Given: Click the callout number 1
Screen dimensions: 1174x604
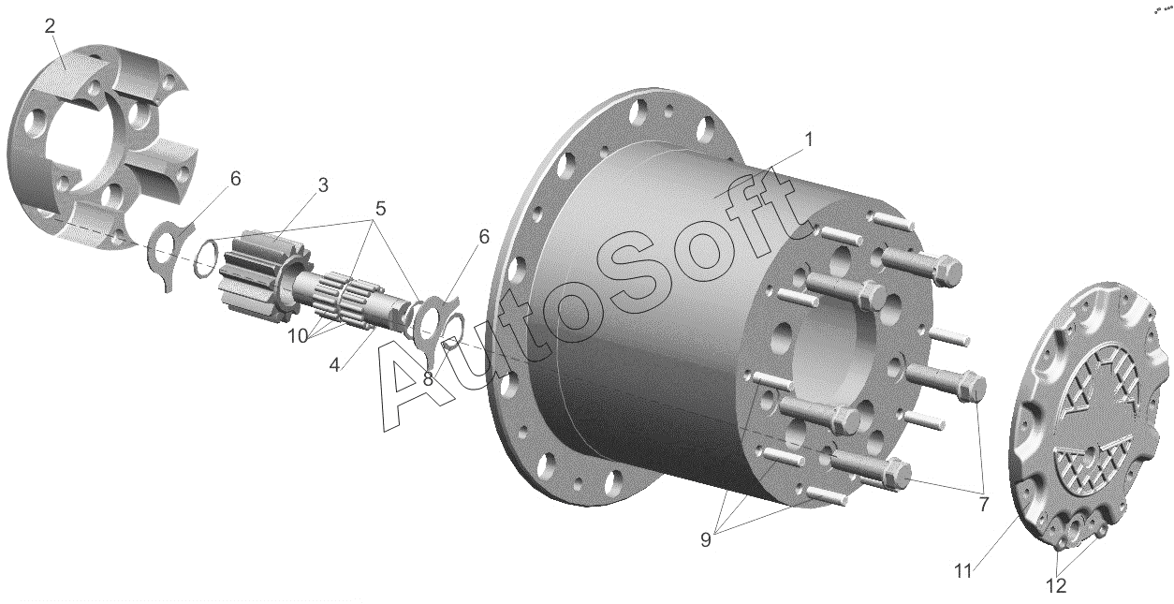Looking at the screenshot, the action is pos(809,140).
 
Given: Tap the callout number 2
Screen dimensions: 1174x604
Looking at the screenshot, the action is pos(50,25).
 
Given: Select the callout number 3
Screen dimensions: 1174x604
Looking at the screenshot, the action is pos(323,185).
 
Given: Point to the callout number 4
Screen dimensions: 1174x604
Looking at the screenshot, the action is pos(334,364).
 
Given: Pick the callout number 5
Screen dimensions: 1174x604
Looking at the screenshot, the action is pos(380,209).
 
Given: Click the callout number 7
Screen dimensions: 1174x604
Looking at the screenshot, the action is pos(984,504).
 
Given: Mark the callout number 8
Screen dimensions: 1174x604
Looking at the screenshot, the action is pos(428,378).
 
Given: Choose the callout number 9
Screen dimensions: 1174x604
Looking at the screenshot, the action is pos(706,539).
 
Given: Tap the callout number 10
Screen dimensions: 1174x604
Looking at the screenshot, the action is pos(298,336).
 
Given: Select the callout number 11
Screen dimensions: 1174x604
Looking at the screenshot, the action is pos(962,571).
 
